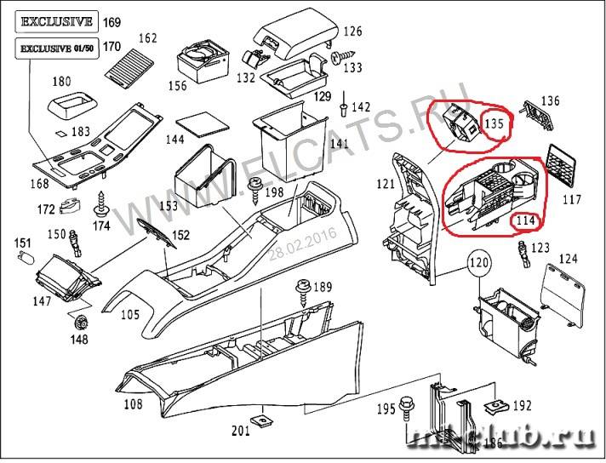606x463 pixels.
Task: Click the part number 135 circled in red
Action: pyautogui.click(x=495, y=124)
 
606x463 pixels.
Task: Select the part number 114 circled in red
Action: pyautogui.click(x=525, y=222)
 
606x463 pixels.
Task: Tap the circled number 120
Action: pyautogui.click(x=479, y=264)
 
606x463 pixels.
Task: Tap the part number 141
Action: pyautogui.click(x=339, y=144)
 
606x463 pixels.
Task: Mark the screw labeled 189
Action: pyautogui.click(x=300, y=291)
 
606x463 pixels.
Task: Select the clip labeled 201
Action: pyautogui.click(x=266, y=420)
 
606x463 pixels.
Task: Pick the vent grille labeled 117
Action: pyautogui.click(x=563, y=164)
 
